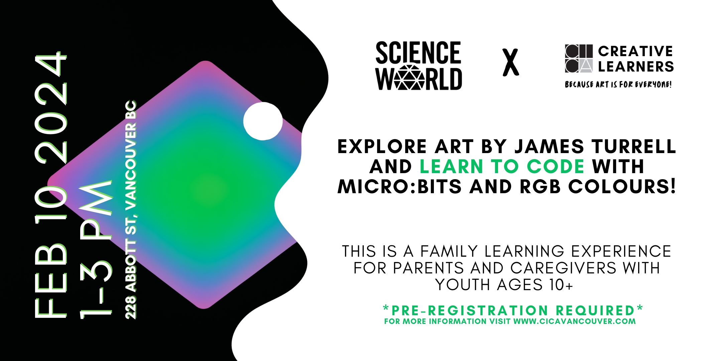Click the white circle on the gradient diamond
click(x=263, y=121)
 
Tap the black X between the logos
click(x=511, y=62)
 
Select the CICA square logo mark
click(x=579, y=58)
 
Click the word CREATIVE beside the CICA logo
click(x=635, y=51)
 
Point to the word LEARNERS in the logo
click(x=636, y=67)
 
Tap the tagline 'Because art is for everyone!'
click(x=618, y=84)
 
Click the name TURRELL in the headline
click(x=634, y=146)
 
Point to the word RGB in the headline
click(x=540, y=187)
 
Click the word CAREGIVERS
click(x=563, y=268)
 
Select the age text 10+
click(x=561, y=285)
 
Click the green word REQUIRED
click(x=595, y=311)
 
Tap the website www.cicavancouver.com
click(x=575, y=322)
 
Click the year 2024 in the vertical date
click(x=51, y=108)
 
